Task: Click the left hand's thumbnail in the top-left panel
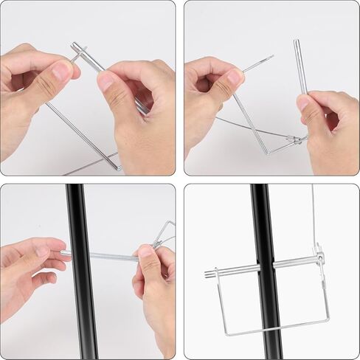pos(62,72)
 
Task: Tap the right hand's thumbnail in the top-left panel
pos(106,80)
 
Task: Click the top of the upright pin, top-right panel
pos(297,43)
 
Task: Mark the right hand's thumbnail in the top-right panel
pos(303,103)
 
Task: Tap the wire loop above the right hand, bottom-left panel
pos(166,232)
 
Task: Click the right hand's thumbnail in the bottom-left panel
pos(145,255)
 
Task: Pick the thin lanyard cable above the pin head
pos(314,214)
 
